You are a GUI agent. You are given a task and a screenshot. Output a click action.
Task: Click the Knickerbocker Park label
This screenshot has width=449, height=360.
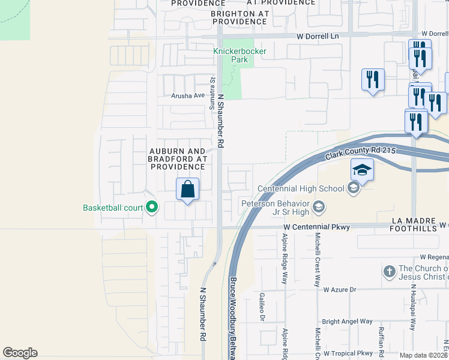click(240, 55)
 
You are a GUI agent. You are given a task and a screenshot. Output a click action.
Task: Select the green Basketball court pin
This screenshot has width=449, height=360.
click(152, 208)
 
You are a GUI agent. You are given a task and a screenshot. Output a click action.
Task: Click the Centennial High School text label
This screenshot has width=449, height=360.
click(301, 188)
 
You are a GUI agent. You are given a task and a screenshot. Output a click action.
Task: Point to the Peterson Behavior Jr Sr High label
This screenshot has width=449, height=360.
click(276, 208)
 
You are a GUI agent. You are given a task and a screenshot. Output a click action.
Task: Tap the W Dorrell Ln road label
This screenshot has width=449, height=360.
click(318, 36)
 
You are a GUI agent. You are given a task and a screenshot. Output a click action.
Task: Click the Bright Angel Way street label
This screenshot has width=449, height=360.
click(347, 322)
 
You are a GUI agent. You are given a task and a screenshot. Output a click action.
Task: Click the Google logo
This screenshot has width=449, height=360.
click(20, 353)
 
